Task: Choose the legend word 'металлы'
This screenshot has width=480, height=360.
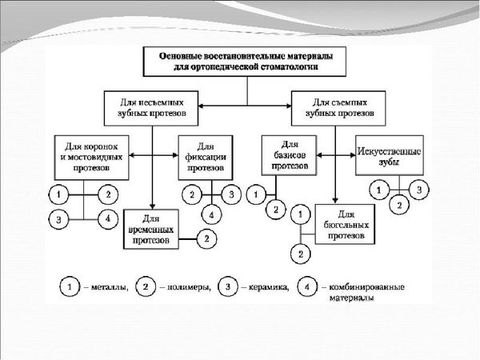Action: [110, 288]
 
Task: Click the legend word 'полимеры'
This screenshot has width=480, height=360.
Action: [189, 288]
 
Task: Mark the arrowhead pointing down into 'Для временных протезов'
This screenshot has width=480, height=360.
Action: [153, 206]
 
